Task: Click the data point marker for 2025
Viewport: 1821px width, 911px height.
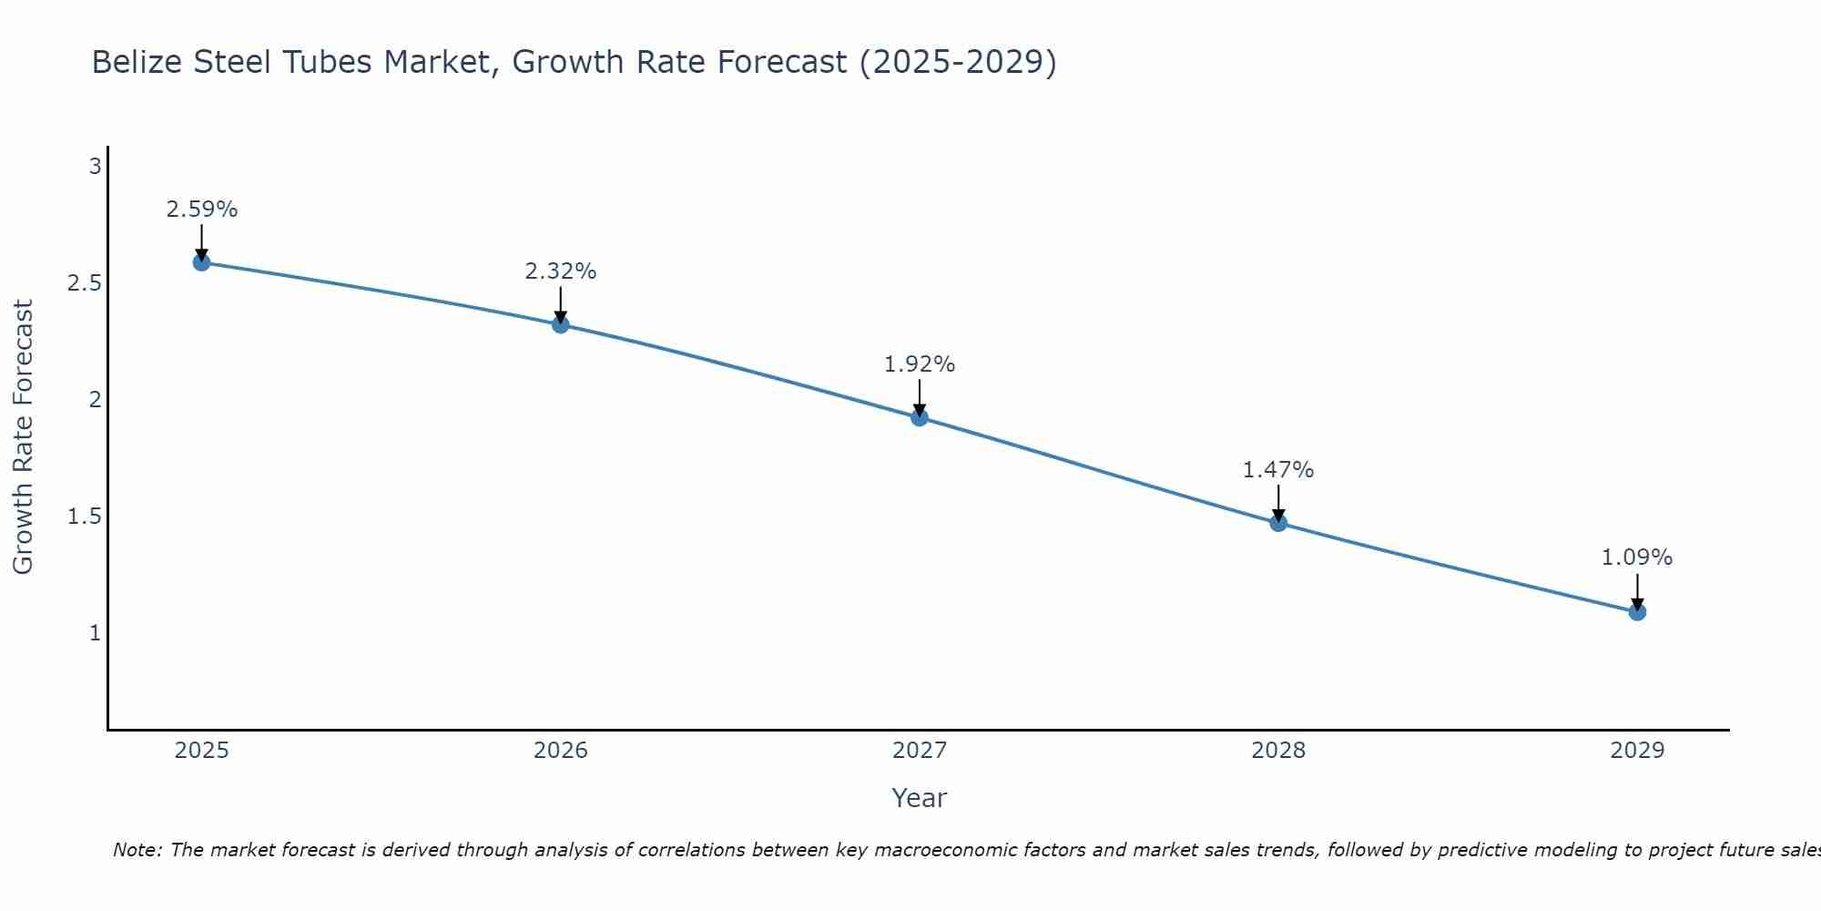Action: click(x=202, y=262)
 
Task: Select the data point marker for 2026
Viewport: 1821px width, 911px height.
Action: click(x=561, y=324)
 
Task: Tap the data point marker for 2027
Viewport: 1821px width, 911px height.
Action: click(x=920, y=417)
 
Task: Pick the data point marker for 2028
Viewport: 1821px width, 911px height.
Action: click(x=1278, y=523)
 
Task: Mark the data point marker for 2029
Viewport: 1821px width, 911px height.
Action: click(x=1637, y=611)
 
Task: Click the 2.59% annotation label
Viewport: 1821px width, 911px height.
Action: click(x=202, y=210)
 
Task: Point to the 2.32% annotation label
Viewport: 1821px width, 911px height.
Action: click(x=561, y=271)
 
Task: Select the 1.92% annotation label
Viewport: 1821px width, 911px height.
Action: click(x=920, y=364)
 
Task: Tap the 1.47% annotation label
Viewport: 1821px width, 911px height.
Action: click(x=1278, y=470)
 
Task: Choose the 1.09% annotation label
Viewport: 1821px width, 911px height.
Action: click(x=1637, y=558)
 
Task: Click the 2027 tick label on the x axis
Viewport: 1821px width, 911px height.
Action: click(x=920, y=751)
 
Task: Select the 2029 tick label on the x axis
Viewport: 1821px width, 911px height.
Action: click(x=1637, y=751)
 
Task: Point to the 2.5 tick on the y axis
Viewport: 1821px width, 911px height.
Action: click(x=84, y=283)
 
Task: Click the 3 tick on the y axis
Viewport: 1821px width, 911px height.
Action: click(x=95, y=167)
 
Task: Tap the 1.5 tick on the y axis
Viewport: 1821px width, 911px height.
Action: click(x=84, y=517)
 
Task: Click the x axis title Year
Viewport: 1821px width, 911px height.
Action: click(x=920, y=798)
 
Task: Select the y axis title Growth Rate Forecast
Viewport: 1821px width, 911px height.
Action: click(x=23, y=437)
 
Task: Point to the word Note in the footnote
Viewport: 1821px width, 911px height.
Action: click(x=137, y=850)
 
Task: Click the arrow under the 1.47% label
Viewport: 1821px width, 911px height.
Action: click(x=1278, y=503)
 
